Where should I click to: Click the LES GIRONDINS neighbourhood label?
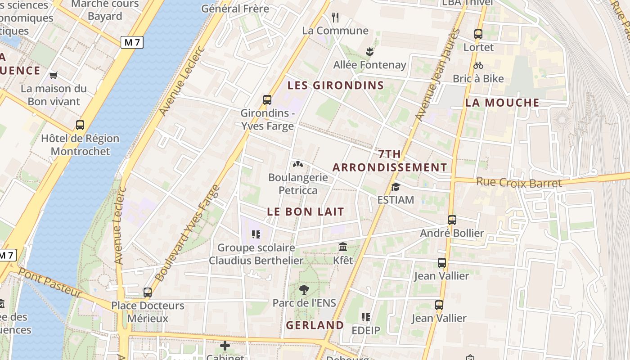pyautogui.click(x=336, y=85)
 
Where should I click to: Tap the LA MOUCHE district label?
pyautogui.click(x=502, y=103)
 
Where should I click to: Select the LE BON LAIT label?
pyautogui.click(x=306, y=211)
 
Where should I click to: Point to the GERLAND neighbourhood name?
pyautogui.click(x=315, y=325)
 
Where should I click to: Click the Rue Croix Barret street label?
pyautogui.click(x=519, y=183)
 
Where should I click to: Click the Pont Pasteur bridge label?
pyautogui.click(x=50, y=283)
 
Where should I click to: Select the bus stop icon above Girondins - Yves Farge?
pyautogui.click(x=267, y=100)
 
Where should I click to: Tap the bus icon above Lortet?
pyautogui.click(x=478, y=34)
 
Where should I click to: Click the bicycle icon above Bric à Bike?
pyautogui.click(x=478, y=65)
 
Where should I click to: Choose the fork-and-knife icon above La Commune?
pyautogui.click(x=335, y=18)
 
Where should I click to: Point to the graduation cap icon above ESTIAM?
pyautogui.click(x=396, y=186)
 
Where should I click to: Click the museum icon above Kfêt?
pyautogui.click(x=343, y=247)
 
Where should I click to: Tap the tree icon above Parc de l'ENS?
pyautogui.click(x=304, y=289)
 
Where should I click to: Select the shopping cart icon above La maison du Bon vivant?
pyautogui.click(x=54, y=75)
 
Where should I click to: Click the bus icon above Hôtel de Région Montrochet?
pyautogui.click(x=80, y=125)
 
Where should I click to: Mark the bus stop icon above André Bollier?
pyautogui.click(x=452, y=220)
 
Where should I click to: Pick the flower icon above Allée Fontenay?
pyautogui.click(x=369, y=51)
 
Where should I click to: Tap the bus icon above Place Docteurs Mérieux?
pyautogui.click(x=148, y=292)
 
